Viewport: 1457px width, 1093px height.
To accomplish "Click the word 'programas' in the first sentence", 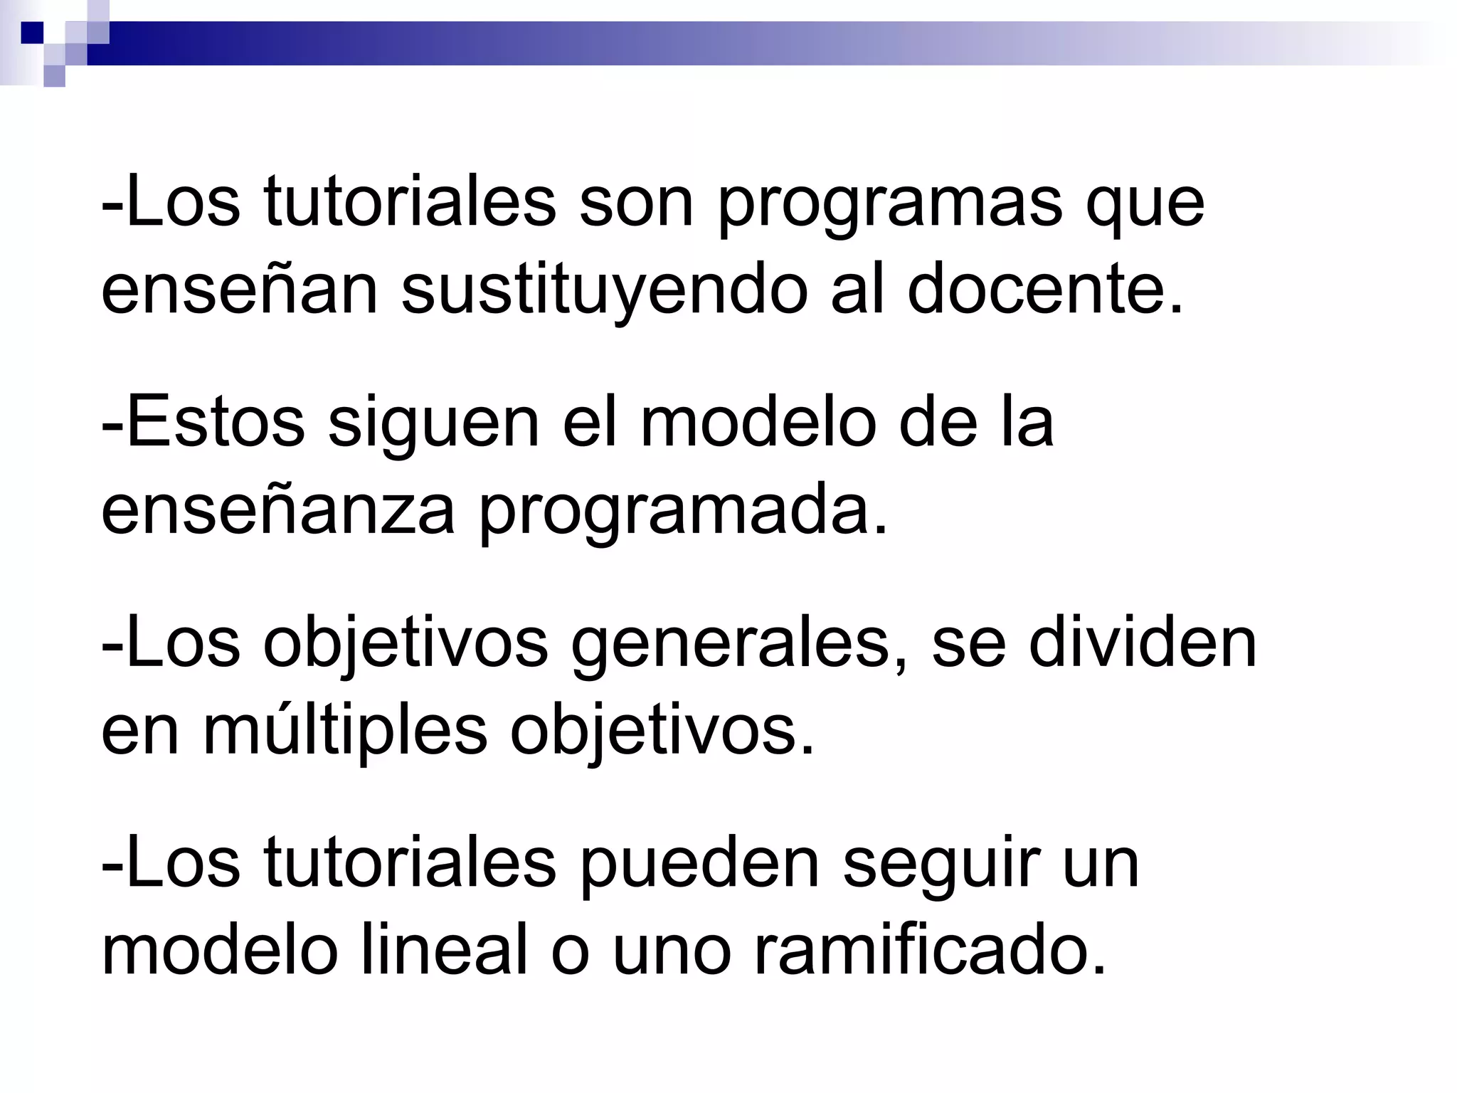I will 889,206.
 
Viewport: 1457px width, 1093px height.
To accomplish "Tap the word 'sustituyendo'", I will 604,291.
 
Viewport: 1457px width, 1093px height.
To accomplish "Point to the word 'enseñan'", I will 239,291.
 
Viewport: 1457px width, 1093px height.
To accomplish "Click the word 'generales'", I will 740,645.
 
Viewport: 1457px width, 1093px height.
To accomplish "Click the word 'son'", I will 636,206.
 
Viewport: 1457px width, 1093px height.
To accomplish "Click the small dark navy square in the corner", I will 32,32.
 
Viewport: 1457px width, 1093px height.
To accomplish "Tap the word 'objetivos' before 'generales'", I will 406,645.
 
